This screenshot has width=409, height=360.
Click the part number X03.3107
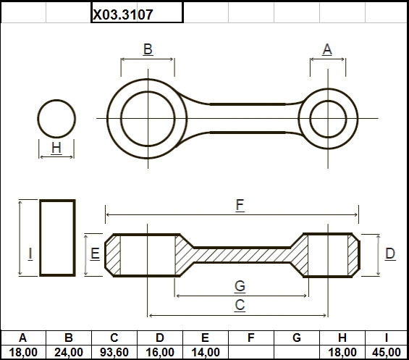point(123,14)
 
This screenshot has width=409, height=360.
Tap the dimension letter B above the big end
point(148,49)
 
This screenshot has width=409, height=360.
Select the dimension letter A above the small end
point(327,49)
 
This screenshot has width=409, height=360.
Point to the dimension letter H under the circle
point(56,148)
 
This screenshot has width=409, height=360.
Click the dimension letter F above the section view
point(240,205)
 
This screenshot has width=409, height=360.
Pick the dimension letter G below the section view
point(240,286)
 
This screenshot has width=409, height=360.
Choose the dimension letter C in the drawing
point(240,305)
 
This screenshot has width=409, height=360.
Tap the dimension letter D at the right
point(390,254)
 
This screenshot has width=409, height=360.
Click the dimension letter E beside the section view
point(95,254)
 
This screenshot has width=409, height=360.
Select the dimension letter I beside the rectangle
point(30,254)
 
